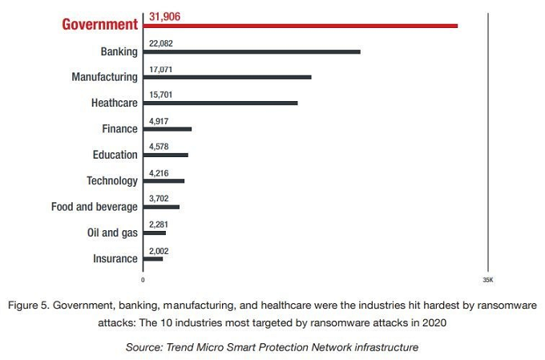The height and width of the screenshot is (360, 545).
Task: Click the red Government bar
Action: coord(301,26)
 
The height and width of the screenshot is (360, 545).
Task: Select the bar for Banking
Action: coord(252,52)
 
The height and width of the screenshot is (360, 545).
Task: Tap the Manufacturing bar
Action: coord(228,77)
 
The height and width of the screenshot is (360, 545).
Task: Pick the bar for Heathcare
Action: coord(220,103)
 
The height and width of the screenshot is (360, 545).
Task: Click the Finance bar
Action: coord(168,129)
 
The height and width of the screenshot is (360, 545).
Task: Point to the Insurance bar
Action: coord(153,259)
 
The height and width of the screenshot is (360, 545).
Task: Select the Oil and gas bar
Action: coord(155,233)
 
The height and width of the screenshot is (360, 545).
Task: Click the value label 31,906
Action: coord(165,16)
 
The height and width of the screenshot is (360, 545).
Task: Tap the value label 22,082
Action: coord(161,43)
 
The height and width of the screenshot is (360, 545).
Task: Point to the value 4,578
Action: coord(159,147)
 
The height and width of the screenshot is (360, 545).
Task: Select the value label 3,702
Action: coord(159,199)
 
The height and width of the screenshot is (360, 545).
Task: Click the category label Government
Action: coord(100,24)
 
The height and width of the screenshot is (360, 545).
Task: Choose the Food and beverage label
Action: coord(95,207)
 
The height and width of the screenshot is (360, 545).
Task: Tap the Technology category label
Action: coord(112,181)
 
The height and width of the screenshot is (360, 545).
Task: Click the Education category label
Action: coord(115,155)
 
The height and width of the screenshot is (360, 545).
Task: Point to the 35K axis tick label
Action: coord(488,280)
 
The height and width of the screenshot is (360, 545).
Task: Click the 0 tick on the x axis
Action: coord(143,280)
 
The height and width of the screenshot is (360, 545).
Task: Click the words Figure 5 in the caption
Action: coord(29,305)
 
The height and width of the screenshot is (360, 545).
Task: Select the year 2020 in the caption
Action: coord(434,322)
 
